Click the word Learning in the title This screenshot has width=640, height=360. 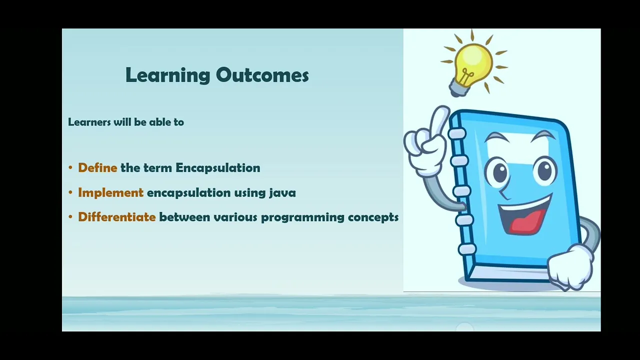[x=167, y=75]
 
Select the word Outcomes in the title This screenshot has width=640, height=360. [x=262, y=75]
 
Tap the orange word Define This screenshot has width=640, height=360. [x=97, y=167]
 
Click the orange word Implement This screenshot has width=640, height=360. [x=111, y=193]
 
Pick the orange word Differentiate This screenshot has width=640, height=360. [x=117, y=217]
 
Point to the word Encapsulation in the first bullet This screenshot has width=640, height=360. [x=217, y=168]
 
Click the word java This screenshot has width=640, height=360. [x=282, y=193]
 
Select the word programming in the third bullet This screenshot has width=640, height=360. [x=302, y=217]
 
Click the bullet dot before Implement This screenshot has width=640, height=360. [x=70, y=192]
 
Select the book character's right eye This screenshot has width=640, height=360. [x=545, y=170]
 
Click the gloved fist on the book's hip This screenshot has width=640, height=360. [x=570, y=267]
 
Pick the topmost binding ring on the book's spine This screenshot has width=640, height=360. [x=456, y=133]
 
